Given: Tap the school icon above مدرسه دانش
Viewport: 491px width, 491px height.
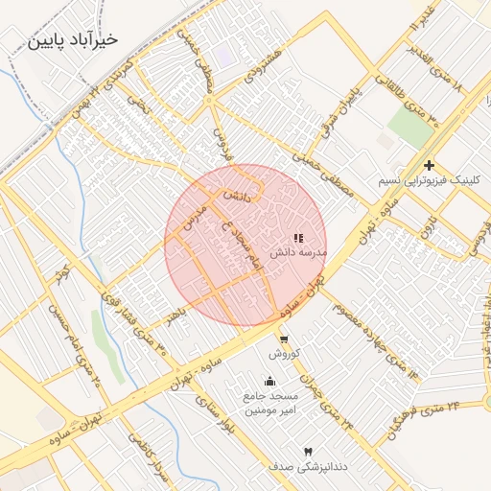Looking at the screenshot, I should click(x=297, y=237).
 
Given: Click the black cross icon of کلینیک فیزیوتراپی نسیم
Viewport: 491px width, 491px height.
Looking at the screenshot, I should click(x=430, y=165).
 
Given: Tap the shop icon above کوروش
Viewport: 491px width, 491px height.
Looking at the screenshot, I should click(x=283, y=339).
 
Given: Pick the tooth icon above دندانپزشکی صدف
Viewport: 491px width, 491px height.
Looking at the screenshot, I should click(x=307, y=451).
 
